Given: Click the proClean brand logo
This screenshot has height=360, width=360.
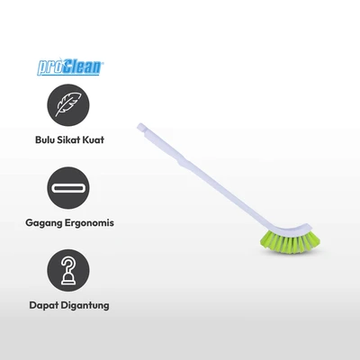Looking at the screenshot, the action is pyautogui.click(x=70, y=67).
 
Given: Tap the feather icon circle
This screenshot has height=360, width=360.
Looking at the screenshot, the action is pyautogui.click(x=68, y=105).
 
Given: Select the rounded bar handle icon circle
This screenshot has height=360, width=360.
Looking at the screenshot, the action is pyautogui.click(x=68, y=188).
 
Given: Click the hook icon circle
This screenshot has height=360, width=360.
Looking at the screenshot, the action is pyautogui.click(x=68, y=270).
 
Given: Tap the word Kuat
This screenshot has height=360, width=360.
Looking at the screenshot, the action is pyautogui.click(x=94, y=139).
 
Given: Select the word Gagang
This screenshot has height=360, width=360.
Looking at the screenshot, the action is pyautogui.click(x=43, y=223).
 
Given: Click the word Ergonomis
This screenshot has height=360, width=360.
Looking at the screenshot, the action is pyautogui.click(x=89, y=223).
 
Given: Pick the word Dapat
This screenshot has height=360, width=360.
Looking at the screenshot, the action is pyautogui.click(x=43, y=306).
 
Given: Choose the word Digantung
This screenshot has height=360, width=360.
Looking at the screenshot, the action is pyautogui.click(x=85, y=306).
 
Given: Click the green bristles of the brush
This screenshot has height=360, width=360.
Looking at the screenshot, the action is pyautogui.click(x=290, y=241).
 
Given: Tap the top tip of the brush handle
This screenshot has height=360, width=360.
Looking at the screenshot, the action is pyautogui.click(x=139, y=126).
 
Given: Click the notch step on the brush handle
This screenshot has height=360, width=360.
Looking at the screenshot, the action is pyautogui.click(x=181, y=162).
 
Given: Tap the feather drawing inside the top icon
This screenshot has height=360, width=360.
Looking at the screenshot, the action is pyautogui.click(x=68, y=104).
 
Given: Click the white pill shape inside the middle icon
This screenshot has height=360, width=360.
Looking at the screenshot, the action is pyautogui.click(x=68, y=188).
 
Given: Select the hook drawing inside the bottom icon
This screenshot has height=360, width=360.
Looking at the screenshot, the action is pyautogui.click(x=68, y=271).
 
